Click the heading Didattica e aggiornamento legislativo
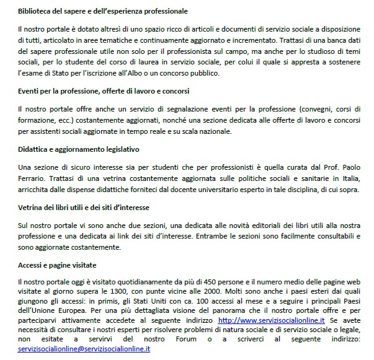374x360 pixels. point(78,149)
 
